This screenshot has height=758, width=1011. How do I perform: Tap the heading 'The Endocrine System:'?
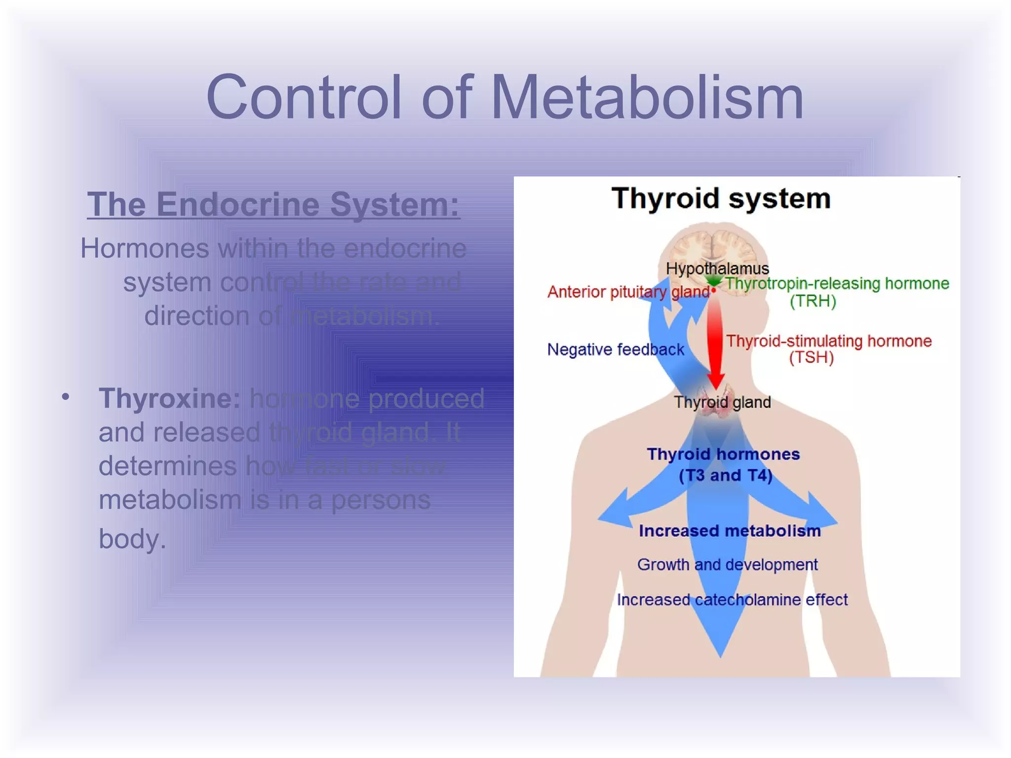click(x=273, y=204)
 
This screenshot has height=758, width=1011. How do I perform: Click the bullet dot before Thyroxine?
click(x=66, y=397)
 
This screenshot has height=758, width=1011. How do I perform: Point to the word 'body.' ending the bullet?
click(x=132, y=538)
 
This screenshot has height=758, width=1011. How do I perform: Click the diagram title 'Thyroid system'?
click(x=721, y=198)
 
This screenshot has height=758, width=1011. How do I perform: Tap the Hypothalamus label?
click(x=717, y=268)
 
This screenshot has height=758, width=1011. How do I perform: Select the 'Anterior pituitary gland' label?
click(x=628, y=292)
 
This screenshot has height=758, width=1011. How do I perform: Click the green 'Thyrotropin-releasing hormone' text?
click(x=837, y=283)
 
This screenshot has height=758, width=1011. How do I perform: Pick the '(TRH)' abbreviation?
click(x=813, y=301)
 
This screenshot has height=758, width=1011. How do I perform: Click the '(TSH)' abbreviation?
click(x=811, y=357)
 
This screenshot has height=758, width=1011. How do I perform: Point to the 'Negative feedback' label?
click(x=616, y=349)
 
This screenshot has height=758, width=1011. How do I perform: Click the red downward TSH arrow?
click(x=715, y=341)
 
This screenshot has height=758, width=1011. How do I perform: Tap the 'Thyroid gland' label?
click(x=722, y=402)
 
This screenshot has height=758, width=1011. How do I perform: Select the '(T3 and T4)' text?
click(x=725, y=475)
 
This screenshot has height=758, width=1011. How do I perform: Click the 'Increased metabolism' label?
click(x=730, y=531)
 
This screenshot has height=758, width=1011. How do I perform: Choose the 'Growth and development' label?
click(x=727, y=565)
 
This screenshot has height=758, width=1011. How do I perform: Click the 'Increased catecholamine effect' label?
click(x=732, y=600)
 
